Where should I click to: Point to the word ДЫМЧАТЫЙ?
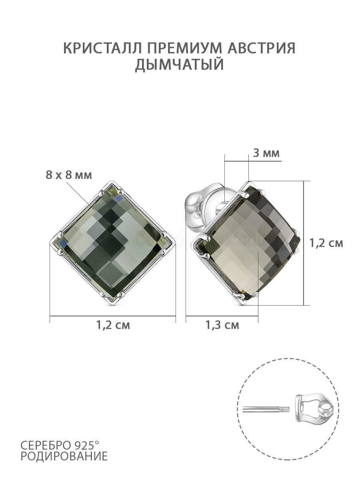[x=180, y=64]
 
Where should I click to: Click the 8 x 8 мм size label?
[x=69, y=175]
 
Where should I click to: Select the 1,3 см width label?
[x=222, y=331]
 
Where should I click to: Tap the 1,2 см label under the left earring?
[x=113, y=331]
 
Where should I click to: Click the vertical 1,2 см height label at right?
[x=326, y=243]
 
